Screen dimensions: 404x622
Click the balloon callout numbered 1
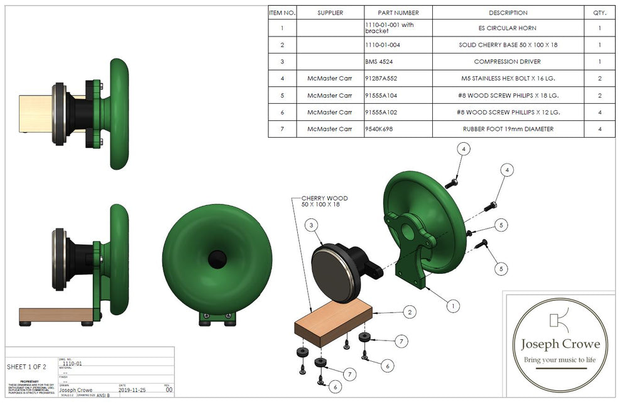(450, 306)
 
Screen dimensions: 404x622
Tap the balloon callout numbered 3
(312, 227)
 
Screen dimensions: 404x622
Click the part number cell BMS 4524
(382, 62)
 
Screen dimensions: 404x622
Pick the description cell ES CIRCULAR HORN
(506, 28)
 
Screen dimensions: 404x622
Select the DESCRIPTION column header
(508, 13)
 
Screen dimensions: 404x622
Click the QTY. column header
(599, 13)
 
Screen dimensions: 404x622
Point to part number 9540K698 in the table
(380, 129)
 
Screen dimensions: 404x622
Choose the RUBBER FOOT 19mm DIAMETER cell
(508, 129)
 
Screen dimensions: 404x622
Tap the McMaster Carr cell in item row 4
(330, 79)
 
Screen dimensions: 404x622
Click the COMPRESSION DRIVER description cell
(507, 62)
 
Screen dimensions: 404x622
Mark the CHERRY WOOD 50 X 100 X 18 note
(324, 202)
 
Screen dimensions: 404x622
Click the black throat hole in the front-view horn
(217, 259)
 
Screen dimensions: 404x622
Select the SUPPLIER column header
(330, 13)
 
